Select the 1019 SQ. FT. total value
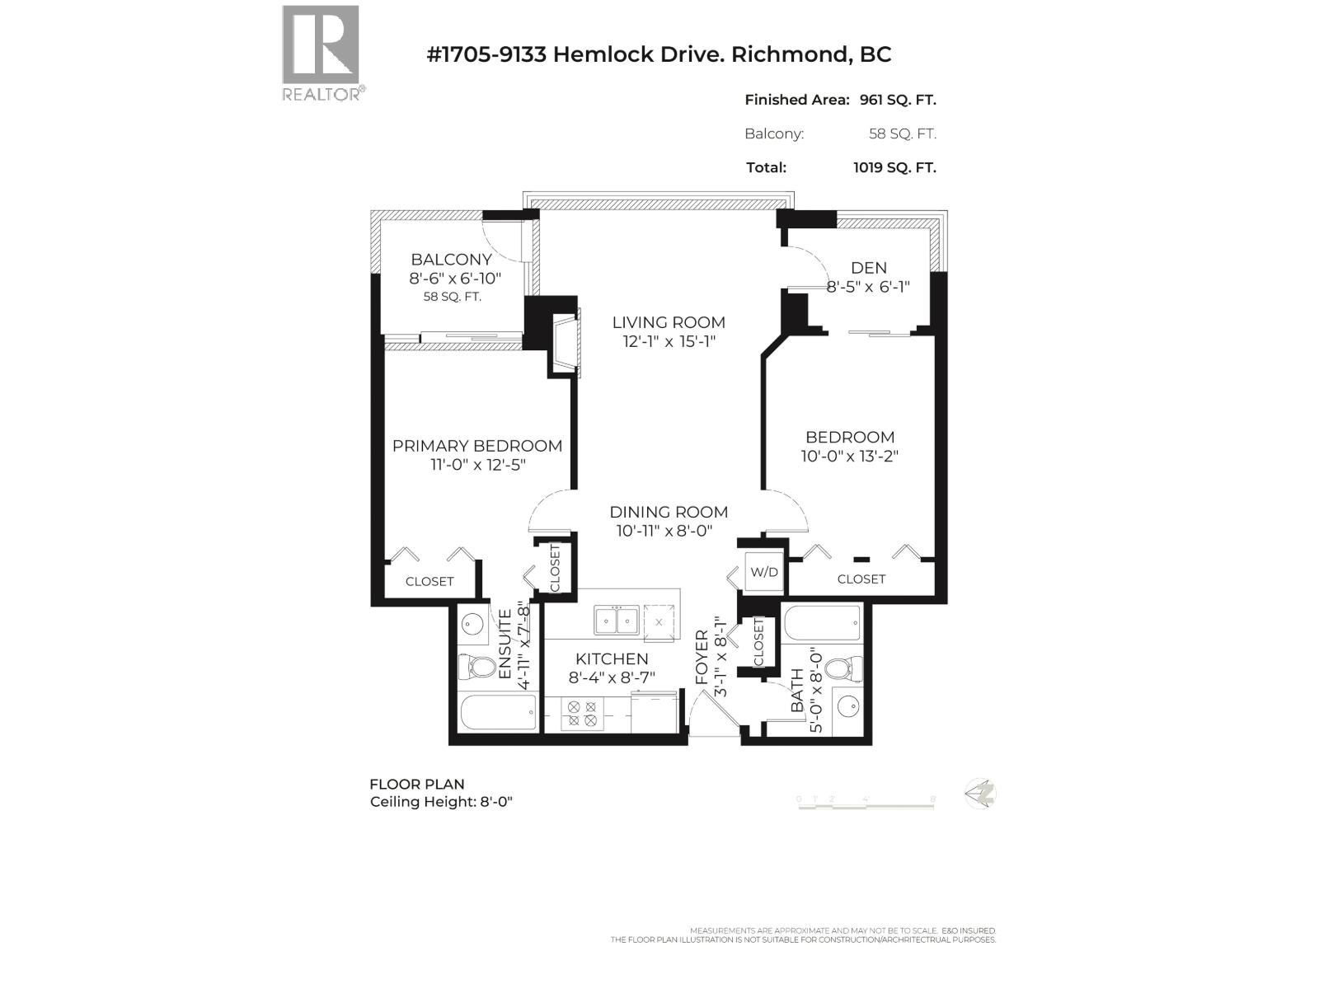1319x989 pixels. click(x=894, y=167)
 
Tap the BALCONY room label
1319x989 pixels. click(x=451, y=260)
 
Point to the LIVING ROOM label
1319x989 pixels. click(x=669, y=322)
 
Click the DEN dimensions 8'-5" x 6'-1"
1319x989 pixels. click(x=868, y=287)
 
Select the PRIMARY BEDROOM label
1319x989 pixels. click(x=477, y=446)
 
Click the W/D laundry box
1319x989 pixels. click(x=763, y=572)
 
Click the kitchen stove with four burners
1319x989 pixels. click(x=582, y=713)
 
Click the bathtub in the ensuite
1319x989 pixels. click(x=498, y=713)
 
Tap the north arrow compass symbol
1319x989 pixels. click(x=982, y=794)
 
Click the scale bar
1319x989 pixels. click(x=866, y=803)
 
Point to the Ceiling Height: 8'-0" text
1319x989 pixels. click(x=441, y=802)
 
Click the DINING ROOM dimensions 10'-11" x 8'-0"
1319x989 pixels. click(x=664, y=532)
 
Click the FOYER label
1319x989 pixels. click(x=702, y=657)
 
